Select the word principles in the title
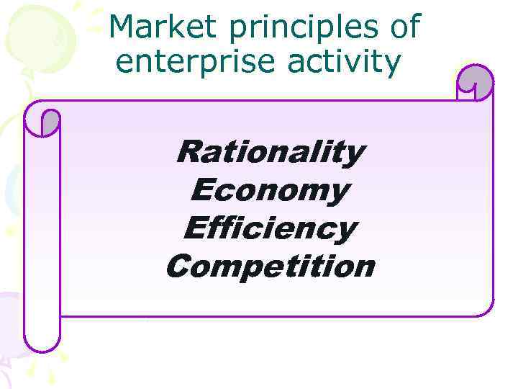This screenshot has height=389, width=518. (x=301, y=29)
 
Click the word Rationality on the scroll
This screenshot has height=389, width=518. (x=270, y=153)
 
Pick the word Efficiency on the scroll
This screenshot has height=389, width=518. (x=270, y=230)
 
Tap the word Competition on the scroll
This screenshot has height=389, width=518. (x=270, y=267)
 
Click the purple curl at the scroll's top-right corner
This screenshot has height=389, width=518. (x=476, y=83)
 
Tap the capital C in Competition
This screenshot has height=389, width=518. (x=178, y=267)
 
